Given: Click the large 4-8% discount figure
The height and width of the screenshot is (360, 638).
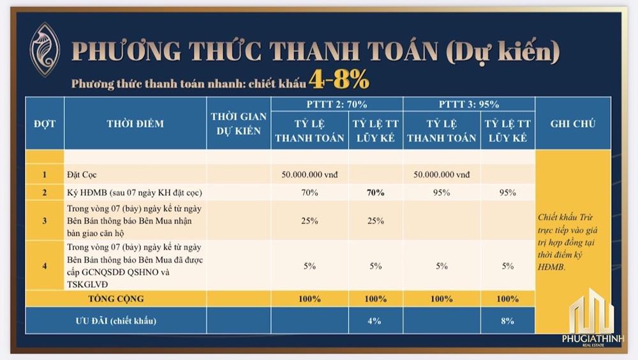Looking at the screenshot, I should [x=339, y=79].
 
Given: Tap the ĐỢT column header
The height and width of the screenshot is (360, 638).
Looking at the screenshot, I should [x=44, y=123].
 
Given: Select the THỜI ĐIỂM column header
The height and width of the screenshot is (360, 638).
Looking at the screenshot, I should [x=135, y=123].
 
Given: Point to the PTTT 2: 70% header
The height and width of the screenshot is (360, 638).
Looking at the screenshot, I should [x=336, y=104].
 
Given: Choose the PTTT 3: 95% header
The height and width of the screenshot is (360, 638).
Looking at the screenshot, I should [x=469, y=104].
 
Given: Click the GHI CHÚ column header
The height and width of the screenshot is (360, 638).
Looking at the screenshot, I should [x=572, y=123].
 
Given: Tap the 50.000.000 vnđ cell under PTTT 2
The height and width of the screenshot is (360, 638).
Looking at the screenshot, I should [x=309, y=174].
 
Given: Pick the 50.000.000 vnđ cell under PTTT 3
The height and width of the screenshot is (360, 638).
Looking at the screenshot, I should [x=441, y=174].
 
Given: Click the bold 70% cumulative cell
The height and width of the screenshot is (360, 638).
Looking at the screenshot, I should [x=376, y=192].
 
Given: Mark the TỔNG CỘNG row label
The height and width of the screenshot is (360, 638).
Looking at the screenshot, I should [x=115, y=298].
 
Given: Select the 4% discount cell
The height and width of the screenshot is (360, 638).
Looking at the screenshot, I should [x=376, y=321].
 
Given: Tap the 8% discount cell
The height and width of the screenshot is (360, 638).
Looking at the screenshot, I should [x=508, y=321].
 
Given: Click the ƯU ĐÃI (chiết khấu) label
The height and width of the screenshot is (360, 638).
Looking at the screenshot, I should [x=115, y=321].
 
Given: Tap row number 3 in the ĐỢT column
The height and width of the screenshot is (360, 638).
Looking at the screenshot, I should [x=45, y=221].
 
